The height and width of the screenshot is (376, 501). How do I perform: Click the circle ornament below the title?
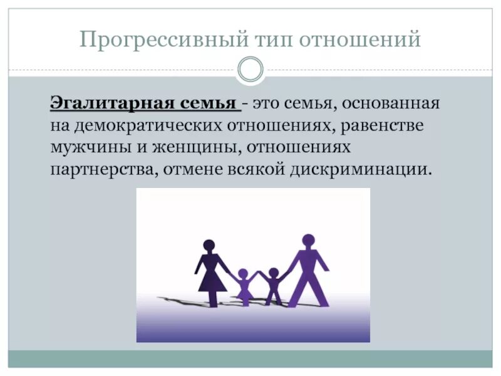coord(250,70)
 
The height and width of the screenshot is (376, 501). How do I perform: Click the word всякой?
coord(257,170)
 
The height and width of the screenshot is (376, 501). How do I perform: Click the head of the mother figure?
coord(209,246)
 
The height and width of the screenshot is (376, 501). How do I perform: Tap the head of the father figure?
coord(307,240)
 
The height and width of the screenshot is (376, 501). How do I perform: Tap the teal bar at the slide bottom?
coord(250,358)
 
